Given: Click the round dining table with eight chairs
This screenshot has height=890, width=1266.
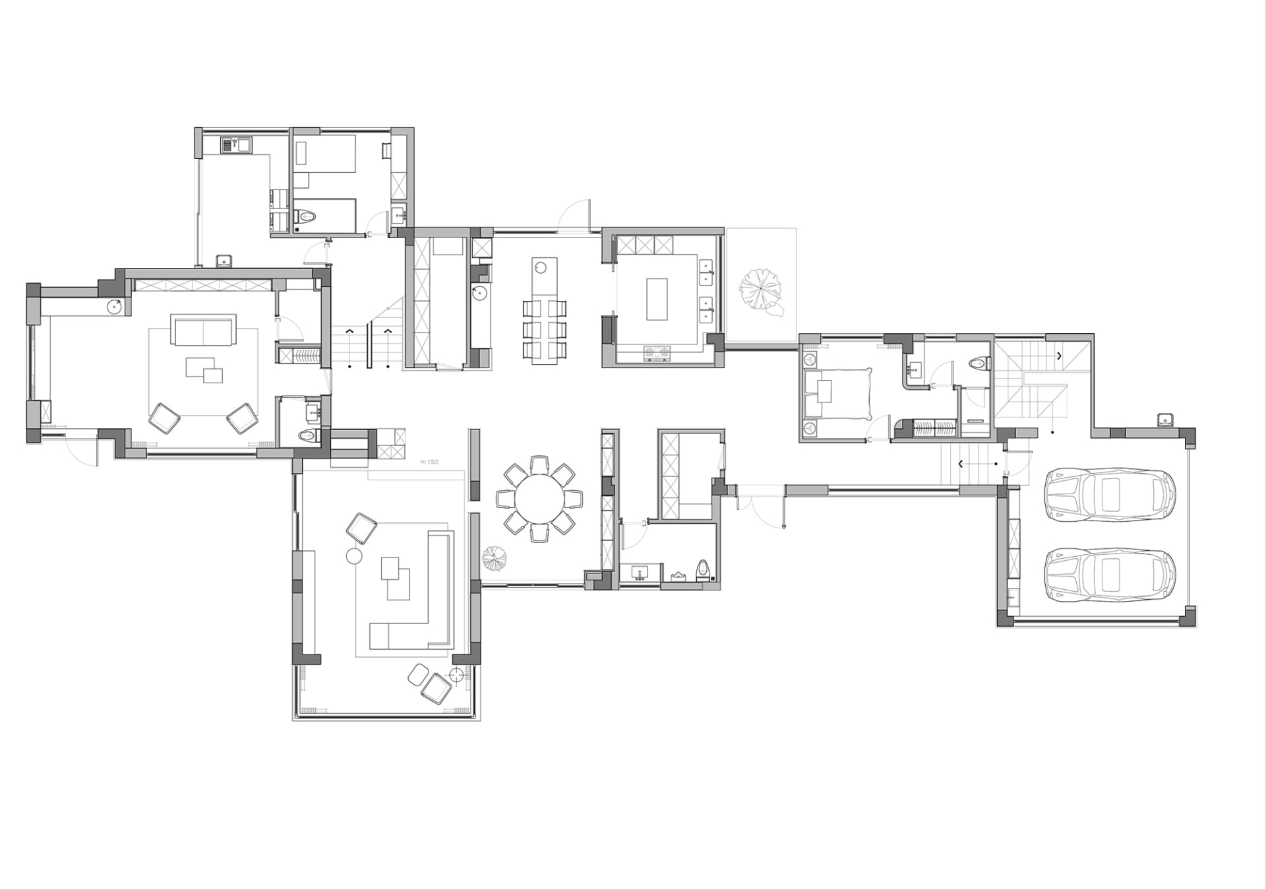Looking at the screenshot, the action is (540, 498).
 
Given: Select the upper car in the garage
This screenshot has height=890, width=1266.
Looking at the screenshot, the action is (1110, 495).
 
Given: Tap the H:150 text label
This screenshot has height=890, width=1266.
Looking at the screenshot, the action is (429, 462).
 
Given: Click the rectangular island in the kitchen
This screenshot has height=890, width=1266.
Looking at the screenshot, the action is (657, 299).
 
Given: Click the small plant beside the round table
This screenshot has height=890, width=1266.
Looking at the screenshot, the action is (495, 559).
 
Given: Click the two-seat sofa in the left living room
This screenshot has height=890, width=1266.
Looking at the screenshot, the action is (203, 329).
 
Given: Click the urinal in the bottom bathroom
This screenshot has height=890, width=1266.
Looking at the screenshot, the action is (704, 570).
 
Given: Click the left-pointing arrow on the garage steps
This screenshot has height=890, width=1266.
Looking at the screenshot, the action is (960, 464).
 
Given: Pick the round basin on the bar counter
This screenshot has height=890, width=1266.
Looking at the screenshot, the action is (540, 267).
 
